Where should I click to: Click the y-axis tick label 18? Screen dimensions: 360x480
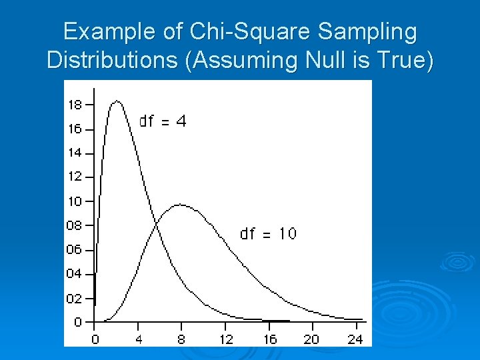coord(75,105)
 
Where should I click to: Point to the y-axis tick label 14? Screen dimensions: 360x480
coord(75,153)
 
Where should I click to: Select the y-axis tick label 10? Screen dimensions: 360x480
coord(75,201)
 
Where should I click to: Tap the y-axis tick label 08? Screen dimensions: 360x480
coord(75,225)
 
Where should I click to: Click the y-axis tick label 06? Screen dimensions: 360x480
coord(75,249)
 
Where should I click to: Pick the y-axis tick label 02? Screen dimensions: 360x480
coord(75,298)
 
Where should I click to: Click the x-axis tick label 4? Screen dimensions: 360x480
coord(138,339)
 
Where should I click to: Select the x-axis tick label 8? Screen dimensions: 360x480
coord(181,339)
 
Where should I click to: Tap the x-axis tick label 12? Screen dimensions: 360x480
coord(225,339)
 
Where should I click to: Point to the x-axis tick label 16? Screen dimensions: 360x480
coord(269,339)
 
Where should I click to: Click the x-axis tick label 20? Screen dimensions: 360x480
coord(312,339)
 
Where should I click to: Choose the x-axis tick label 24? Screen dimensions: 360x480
coord(355,339)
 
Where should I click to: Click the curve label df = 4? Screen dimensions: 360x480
coord(162,121)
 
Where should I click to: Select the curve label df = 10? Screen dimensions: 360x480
coord(268,234)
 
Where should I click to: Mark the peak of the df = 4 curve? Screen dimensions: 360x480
coord(117,101)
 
